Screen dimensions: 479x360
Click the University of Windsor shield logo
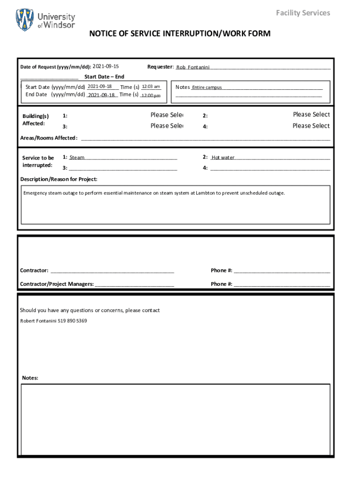25,20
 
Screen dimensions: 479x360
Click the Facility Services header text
302,13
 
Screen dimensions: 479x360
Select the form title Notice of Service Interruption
180,34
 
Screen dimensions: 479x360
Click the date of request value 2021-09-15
106,66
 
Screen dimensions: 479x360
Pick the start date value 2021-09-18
100,87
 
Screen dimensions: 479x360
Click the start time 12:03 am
151,87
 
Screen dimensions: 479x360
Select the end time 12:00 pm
151,95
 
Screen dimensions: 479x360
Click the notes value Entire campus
207,87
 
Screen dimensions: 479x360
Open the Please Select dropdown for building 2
311,115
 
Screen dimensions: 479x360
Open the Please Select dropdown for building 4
311,126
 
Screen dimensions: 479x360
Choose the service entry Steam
77,158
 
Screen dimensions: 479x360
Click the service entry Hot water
223,158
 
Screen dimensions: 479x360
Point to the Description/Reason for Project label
59,179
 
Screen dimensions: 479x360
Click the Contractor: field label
34,270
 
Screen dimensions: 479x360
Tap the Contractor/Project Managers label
57,284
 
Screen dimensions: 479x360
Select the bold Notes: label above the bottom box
30,378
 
